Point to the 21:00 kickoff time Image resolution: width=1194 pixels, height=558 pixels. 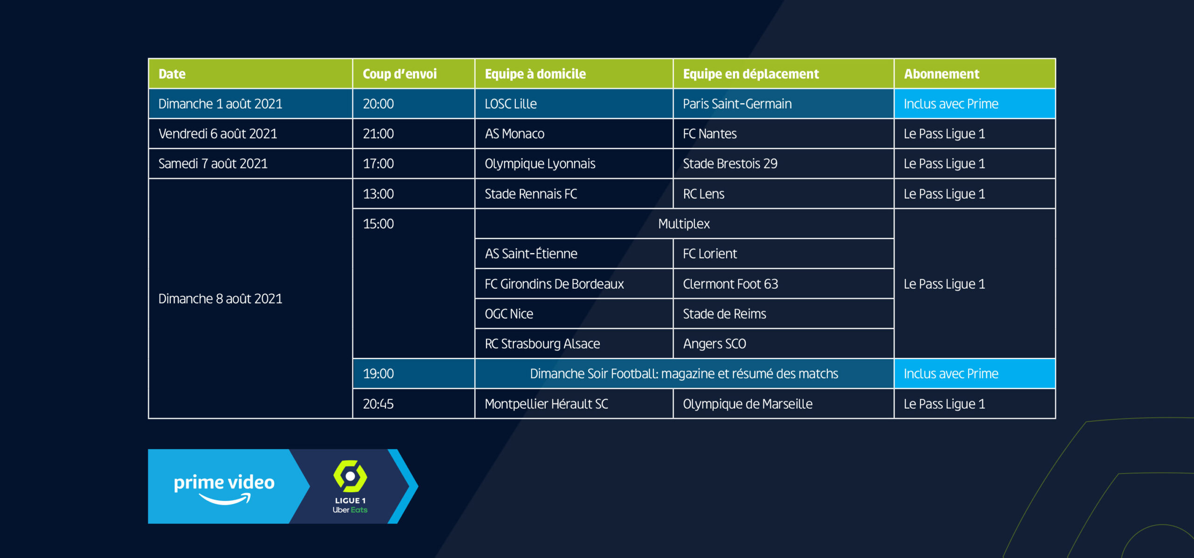(378, 134)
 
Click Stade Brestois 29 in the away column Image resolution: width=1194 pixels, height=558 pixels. (730, 164)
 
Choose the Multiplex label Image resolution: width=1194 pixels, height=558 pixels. (684, 224)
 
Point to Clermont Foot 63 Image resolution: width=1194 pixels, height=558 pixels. (730, 284)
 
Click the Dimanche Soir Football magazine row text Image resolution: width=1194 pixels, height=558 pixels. (684, 374)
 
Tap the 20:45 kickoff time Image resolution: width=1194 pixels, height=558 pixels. (378, 404)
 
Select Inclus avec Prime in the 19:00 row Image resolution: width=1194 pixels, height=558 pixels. (951, 374)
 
